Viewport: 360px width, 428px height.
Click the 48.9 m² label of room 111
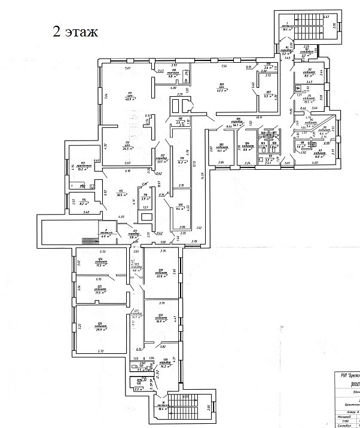click(x=129, y=99)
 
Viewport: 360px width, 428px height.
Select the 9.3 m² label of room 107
click(x=269, y=96)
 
